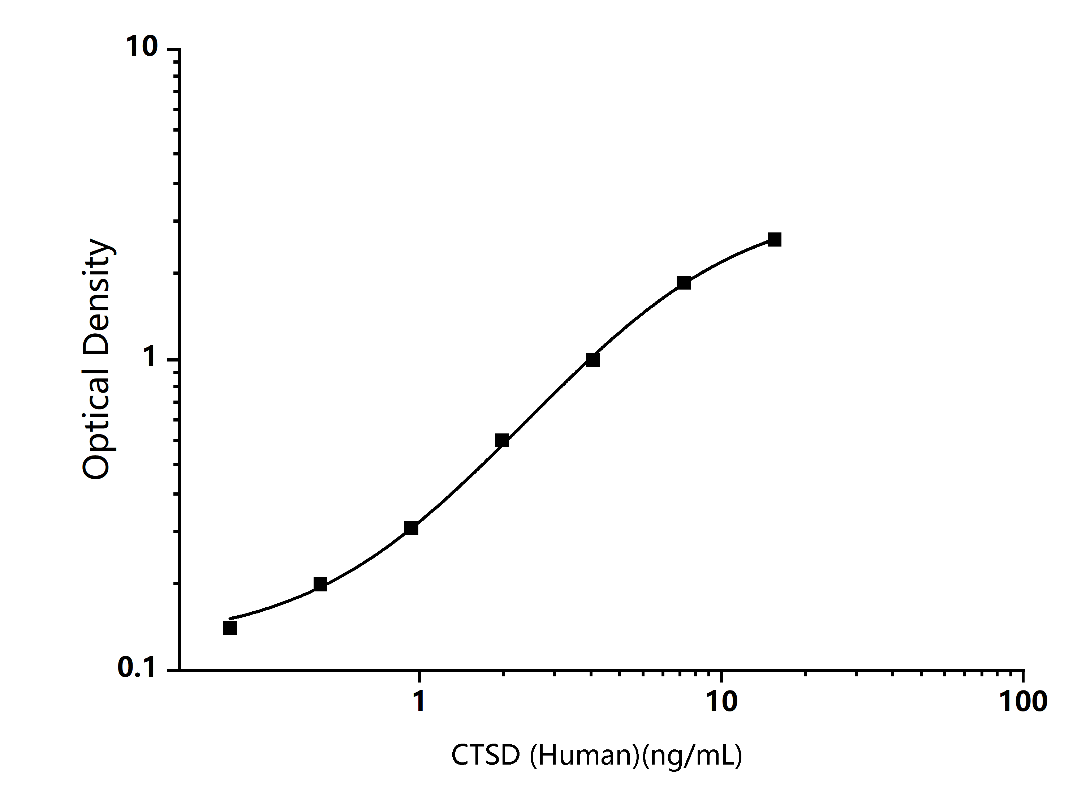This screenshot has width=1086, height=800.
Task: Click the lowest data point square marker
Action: [x=230, y=628]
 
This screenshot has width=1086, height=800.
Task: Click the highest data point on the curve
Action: [x=774, y=240]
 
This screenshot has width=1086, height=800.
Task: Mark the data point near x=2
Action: [x=502, y=441]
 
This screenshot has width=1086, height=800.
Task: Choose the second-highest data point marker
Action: [x=683, y=283]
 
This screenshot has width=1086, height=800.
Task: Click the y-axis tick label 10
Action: [x=142, y=47]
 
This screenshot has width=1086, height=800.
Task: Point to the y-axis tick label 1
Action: [x=150, y=358]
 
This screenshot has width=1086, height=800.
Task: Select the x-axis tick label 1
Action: [x=419, y=701]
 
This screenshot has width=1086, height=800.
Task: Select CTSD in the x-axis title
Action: [x=486, y=755]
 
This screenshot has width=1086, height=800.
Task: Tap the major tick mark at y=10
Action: [x=173, y=49]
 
